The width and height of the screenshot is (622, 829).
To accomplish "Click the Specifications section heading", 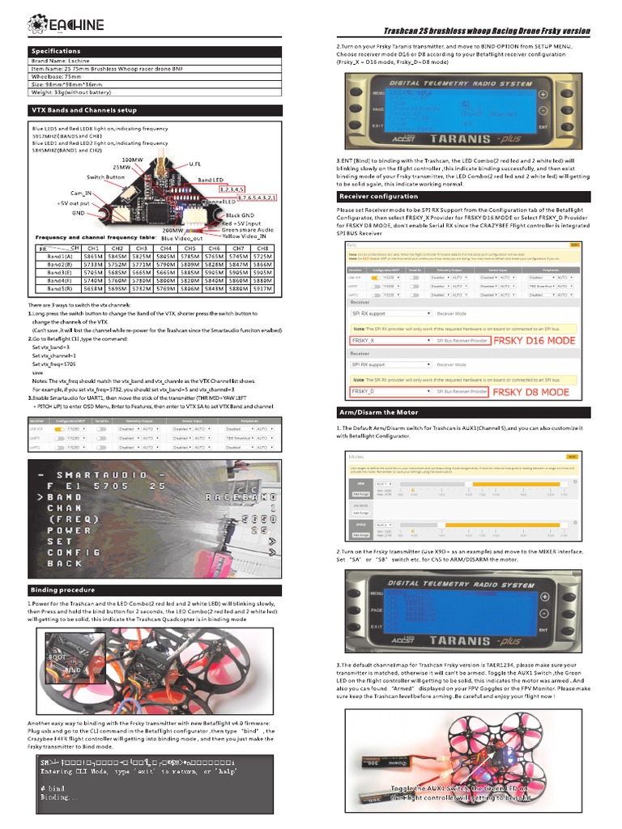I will pyautogui.click(x=56, y=51).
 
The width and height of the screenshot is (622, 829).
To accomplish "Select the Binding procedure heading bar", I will pyautogui.click(x=62, y=590).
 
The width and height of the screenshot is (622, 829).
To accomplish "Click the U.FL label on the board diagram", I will pyautogui.click(x=195, y=164).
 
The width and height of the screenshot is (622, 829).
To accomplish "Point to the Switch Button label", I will pyautogui.click(x=105, y=176).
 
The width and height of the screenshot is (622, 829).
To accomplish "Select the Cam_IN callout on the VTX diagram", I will pyautogui.click(x=82, y=194).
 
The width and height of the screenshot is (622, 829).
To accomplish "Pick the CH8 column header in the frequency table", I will pyautogui.click(x=262, y=248).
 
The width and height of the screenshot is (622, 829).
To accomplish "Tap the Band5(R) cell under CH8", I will pyautogui.click(x=262, y=288).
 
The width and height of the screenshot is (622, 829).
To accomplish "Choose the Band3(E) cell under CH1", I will pyautogui.click(x=92, y=272).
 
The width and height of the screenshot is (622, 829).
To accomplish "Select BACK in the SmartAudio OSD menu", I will pyautogui.click(x=65, y=563).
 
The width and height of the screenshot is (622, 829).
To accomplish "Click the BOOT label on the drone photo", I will pyautogui.click(x=57, y=657).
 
